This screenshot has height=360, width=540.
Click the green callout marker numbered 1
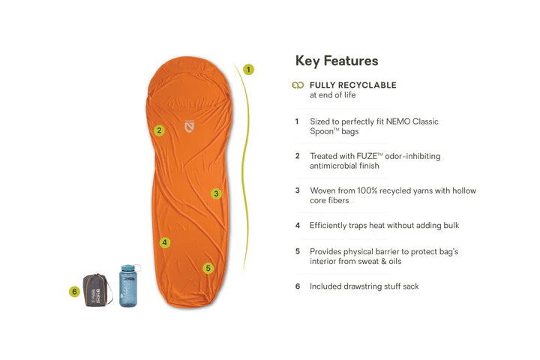[248, 70]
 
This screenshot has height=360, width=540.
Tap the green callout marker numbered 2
[159, 130]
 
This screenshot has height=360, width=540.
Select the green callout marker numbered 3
[216, 193]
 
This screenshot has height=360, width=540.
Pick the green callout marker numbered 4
[165, 242]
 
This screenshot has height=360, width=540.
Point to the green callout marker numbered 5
[208, 268]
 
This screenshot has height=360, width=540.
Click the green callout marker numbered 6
[74, 292]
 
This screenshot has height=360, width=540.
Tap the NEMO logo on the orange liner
[190, 126]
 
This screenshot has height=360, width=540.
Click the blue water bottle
[129, 286]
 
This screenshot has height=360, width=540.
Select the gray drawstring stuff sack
[97, 290]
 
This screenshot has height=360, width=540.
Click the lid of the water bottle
[128, 268]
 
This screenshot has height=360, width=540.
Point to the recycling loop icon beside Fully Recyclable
[298, 85]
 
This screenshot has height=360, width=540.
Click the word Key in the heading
[307, 61]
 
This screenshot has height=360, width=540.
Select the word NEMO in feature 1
[398, 121]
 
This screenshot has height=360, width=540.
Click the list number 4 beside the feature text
[298, 225]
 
